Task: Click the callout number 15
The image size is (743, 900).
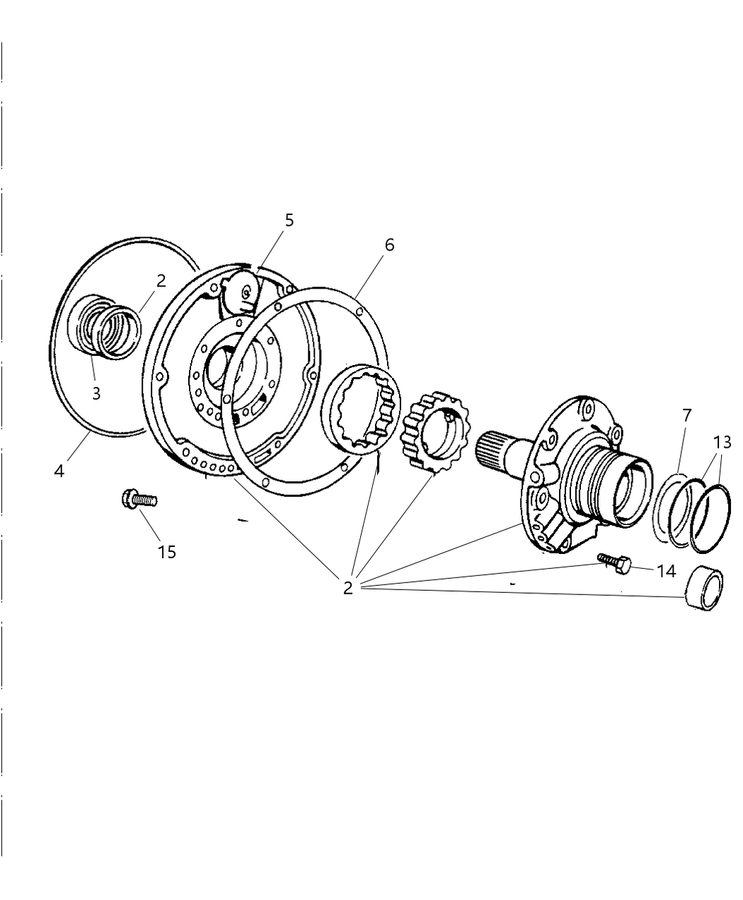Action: coord(167,551)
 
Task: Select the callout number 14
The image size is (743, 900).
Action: coord(666,570)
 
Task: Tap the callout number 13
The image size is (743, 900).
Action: coord(721,442)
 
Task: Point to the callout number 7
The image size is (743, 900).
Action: coord(686,415)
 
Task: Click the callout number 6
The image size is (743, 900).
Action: coord(389,245)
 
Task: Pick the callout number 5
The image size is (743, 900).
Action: coord(289,220)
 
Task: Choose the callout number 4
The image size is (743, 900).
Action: coord(59,470)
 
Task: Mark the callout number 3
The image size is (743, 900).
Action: coord(96,393)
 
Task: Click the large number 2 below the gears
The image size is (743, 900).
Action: coord(347,587)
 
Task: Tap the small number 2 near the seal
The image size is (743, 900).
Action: coord(161,280)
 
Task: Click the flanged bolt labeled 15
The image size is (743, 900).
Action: coord(138,500)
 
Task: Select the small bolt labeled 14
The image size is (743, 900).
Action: coord(613,562)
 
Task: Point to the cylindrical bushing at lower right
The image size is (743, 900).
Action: coord(705,586)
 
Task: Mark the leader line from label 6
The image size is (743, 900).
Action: coord(371,275)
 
